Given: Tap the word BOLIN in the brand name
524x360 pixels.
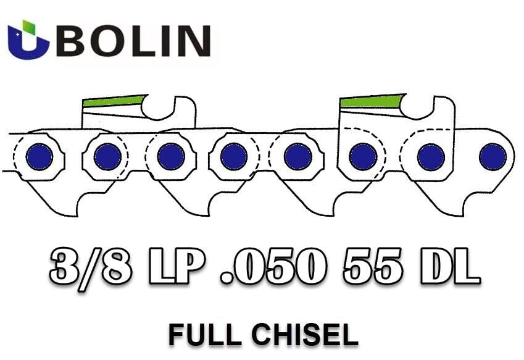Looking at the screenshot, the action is pyautogui.click(x=134, y=41).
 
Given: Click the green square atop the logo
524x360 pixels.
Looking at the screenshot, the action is pyautogui.click(x=29, y=27).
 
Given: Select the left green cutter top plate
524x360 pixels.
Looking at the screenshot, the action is pyautogui.click(x=114, y=101).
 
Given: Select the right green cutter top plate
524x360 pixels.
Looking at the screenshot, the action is pyautogui.click(x=372, y=101).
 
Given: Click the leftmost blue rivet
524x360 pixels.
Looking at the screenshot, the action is pyautogui.click(x=40, y=157).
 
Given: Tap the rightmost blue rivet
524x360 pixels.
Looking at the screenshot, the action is pyautogui.click(x=493, y=156).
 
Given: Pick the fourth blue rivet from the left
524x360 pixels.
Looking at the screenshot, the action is pyautogui.click(x=234, y=156).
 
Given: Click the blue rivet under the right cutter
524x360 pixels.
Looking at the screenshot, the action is pyautogui.click(x=363, y=156).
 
